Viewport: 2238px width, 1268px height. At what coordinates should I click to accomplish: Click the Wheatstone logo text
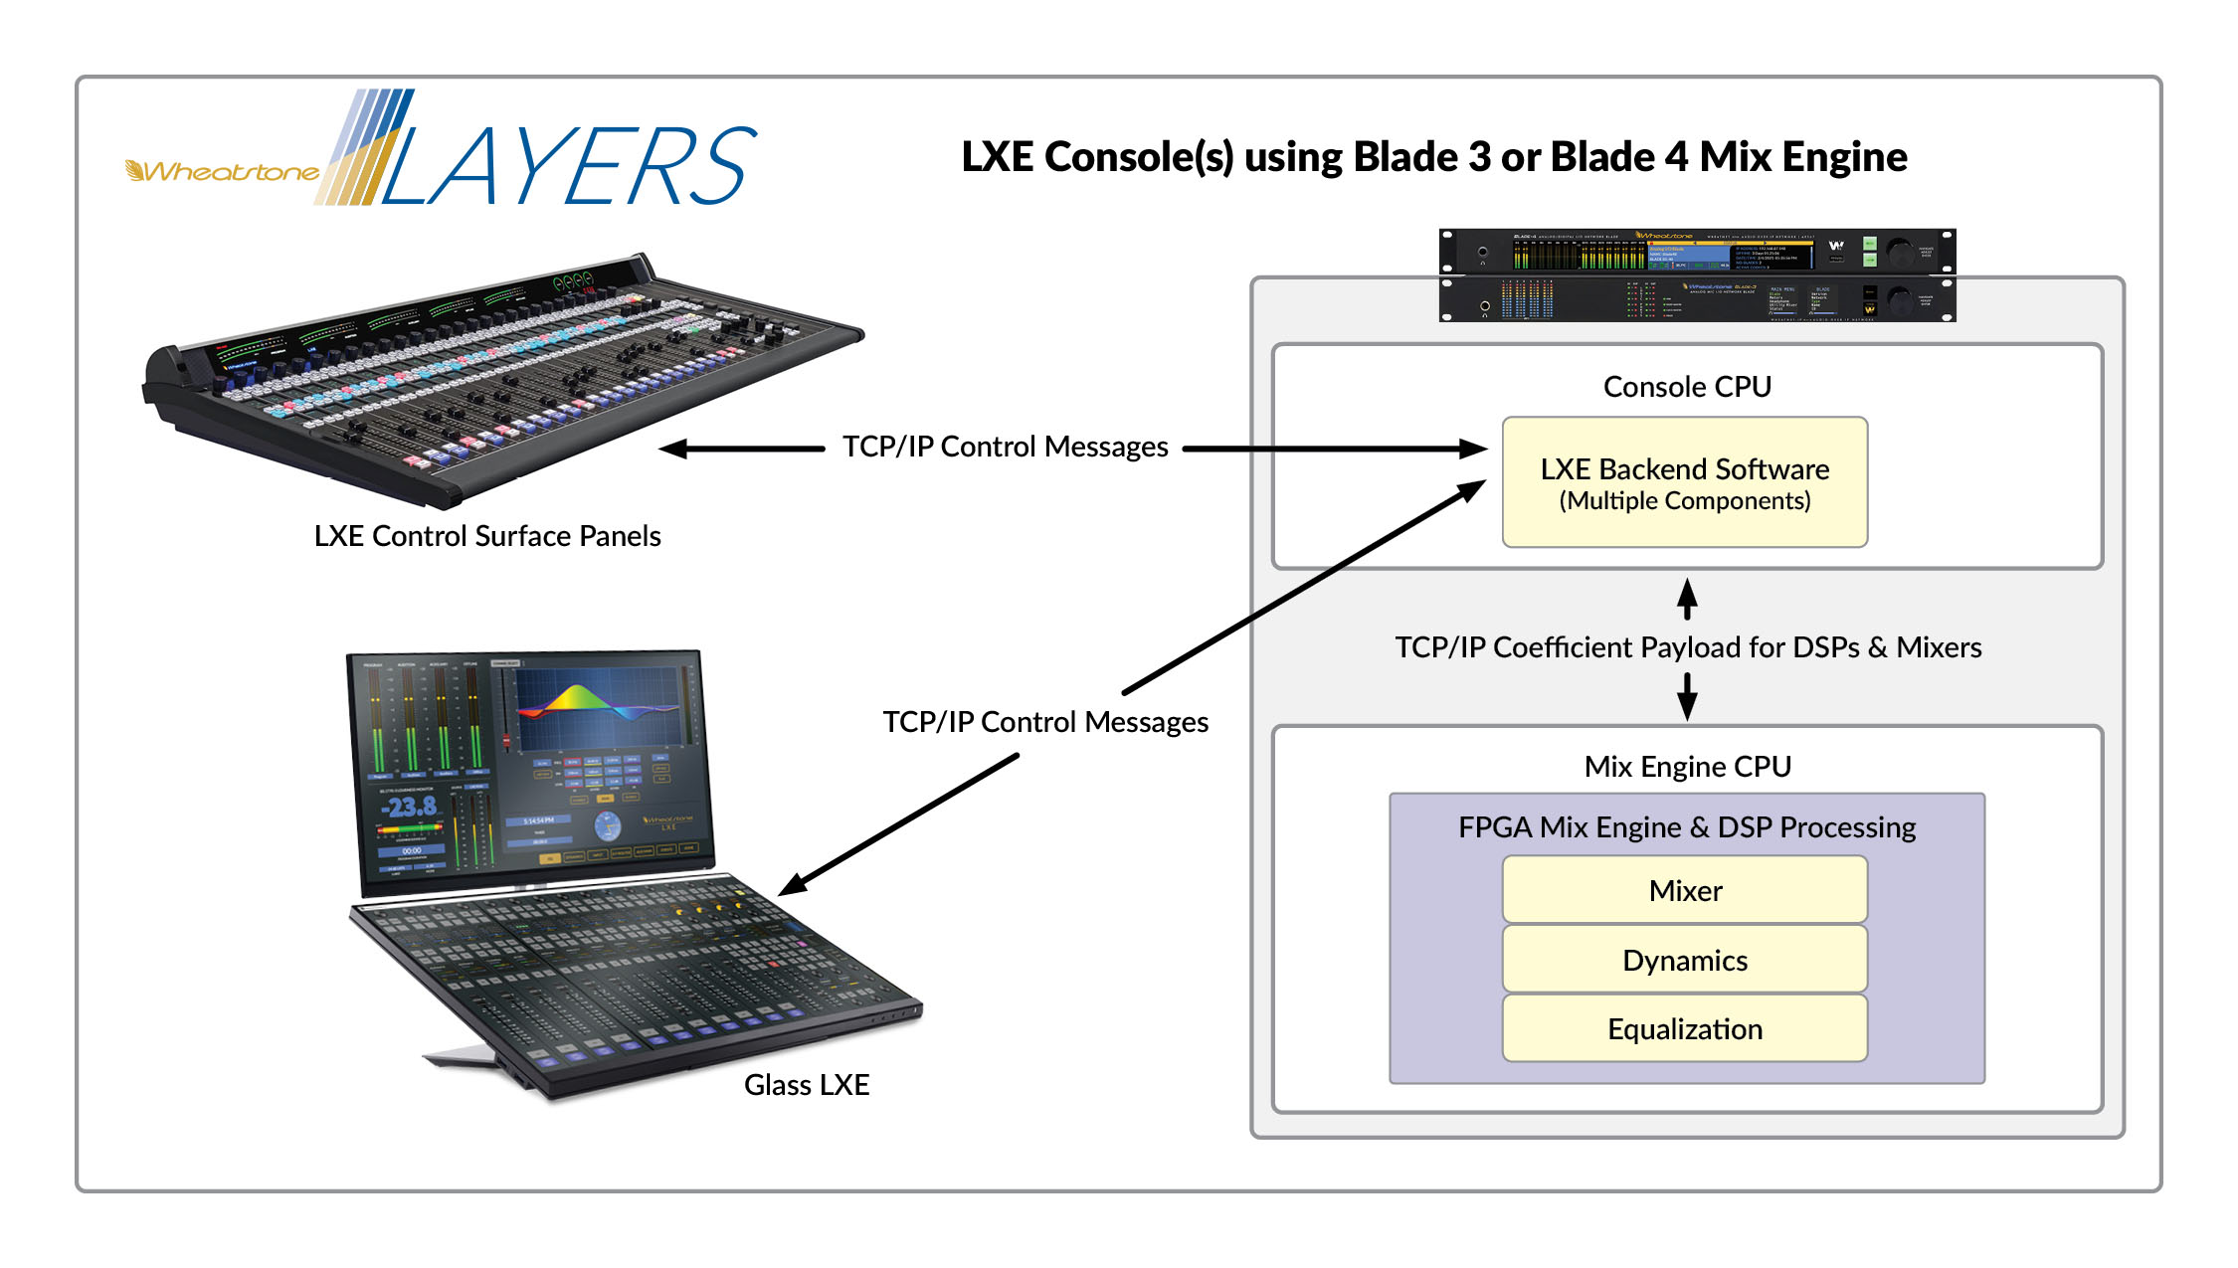pos(224,172)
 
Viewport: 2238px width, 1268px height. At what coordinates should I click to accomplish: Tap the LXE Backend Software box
pos(1684,482)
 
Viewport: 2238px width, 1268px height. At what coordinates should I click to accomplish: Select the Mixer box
pos(1684,891)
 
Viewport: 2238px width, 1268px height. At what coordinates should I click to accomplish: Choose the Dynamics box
pos(1684,961)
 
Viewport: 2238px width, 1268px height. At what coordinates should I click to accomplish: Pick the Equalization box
pos(1684,1029)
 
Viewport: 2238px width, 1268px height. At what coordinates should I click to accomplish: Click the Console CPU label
pos(1687,387)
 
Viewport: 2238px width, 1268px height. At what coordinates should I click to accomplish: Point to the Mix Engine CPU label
pos(1687,767)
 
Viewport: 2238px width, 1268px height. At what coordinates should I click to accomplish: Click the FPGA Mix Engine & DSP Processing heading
pos(1687,827)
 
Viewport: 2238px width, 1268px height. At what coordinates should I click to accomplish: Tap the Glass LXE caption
pos(807,1085)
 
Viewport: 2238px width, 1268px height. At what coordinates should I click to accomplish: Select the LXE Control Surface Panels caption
pos(487,536)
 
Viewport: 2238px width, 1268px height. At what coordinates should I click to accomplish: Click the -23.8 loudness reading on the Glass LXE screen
pos(410,807)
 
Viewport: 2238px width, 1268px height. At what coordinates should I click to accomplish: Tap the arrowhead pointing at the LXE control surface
pos(674,450)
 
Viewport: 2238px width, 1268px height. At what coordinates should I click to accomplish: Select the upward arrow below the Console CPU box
pos(1687,594)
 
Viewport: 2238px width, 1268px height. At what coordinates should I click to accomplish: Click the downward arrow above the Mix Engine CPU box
pos(1687,704)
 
